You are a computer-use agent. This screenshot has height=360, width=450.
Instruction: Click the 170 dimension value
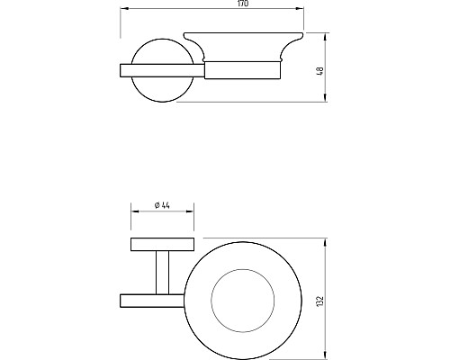(243, 4)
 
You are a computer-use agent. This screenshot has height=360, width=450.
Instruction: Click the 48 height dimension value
(320, 71)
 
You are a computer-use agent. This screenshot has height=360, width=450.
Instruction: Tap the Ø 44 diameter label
(162, 205)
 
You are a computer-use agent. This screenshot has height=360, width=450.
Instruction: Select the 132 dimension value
(320, 301)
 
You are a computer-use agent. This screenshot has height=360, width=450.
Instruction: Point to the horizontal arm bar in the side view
(162, 70)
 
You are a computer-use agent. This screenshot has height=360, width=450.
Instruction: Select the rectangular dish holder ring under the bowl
(243, 70)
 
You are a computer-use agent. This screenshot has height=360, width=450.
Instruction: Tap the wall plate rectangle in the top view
(162, 245)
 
